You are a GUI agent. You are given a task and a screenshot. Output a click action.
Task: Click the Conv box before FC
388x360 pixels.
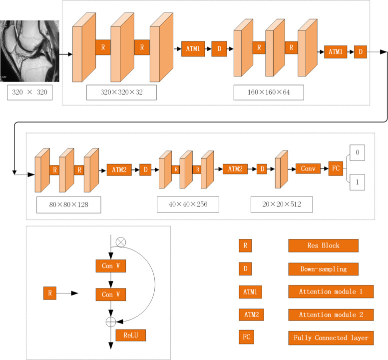click(307, 169)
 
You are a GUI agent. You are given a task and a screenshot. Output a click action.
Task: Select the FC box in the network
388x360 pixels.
click(335, 169)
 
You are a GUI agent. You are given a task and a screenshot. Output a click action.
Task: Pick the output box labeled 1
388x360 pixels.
click(357, 183)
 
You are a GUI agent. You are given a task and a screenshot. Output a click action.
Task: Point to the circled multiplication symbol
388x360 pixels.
click(120, 241)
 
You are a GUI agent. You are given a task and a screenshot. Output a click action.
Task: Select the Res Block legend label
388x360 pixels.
click(323, 245)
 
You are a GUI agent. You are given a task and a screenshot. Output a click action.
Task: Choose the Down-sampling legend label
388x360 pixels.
click(323, 268)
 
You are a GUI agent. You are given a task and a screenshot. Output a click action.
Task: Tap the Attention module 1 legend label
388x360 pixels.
click(331, 291)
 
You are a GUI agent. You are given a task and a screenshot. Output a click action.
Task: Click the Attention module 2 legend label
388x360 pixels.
click(331, 315)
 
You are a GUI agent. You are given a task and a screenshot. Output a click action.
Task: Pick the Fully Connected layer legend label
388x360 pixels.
click(331, 338)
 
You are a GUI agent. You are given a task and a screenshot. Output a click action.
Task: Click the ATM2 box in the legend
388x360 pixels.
click(251, 315)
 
